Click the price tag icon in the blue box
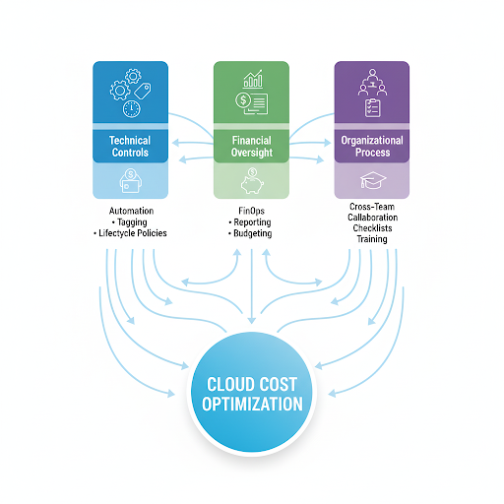pos(143,91)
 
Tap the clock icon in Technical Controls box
pos(132,109)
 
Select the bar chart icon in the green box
pos(253,79)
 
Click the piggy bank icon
pos(252,181)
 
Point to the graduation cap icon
pos(373,180)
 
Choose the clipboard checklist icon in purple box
pos(373,107)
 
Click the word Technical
pos(130,141)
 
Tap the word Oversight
pos(252,153)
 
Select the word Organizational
pos(372,141)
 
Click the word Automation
pos(131,211)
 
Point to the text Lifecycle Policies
pos(133,233)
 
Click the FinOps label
pos(252,211)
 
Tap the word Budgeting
pos(253,233)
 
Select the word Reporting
pos(252,222)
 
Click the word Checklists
pos(372,228)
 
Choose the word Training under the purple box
pos(372,239)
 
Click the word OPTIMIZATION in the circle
pos(252,404)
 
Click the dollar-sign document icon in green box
pos(252,103)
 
